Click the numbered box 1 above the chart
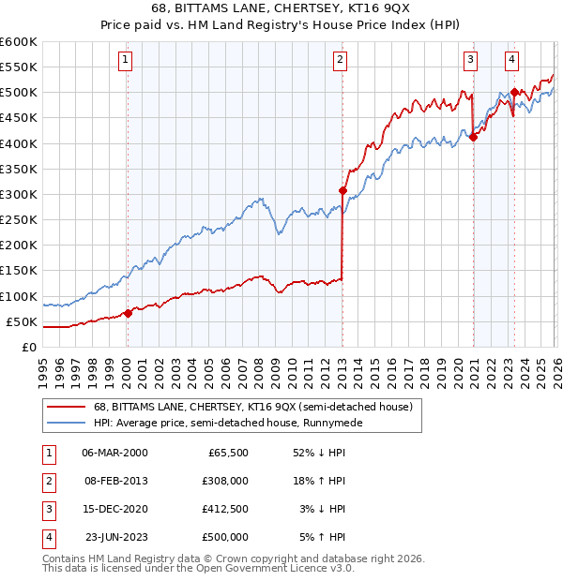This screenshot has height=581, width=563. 126,61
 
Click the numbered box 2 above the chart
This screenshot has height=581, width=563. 339,61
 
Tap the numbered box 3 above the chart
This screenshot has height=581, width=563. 470,61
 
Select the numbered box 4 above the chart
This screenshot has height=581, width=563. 511,61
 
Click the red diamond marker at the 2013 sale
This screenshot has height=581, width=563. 342,191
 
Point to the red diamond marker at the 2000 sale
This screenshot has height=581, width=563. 128,314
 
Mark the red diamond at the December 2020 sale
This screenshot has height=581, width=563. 473,138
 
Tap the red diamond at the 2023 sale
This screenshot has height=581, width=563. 514,93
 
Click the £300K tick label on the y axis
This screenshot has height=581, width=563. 19,194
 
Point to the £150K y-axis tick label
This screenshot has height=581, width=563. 19,271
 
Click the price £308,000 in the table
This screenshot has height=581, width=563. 225,480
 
